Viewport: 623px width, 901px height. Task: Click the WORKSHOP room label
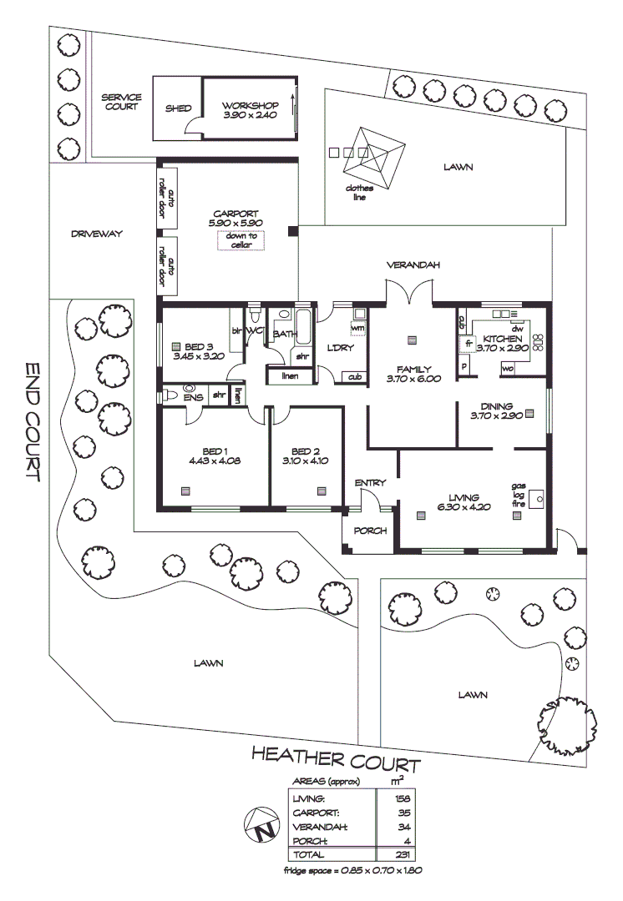coord(250,106)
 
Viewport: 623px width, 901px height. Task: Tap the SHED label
coord(178,108)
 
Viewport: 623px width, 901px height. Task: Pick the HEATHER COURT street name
coord(337,759)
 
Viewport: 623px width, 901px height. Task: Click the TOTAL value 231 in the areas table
coord(404,855)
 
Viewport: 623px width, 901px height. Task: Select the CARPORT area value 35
coord(406,813)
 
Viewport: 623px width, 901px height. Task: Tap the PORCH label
coord(368,531)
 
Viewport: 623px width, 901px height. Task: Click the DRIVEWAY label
coord(97,234)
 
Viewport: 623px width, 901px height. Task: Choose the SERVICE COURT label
coord(122,102)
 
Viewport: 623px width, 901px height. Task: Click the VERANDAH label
coord(413,265)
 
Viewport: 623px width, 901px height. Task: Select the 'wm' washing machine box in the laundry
coord(359,326)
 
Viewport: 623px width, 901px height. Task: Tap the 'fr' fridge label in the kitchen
coord(469,342)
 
